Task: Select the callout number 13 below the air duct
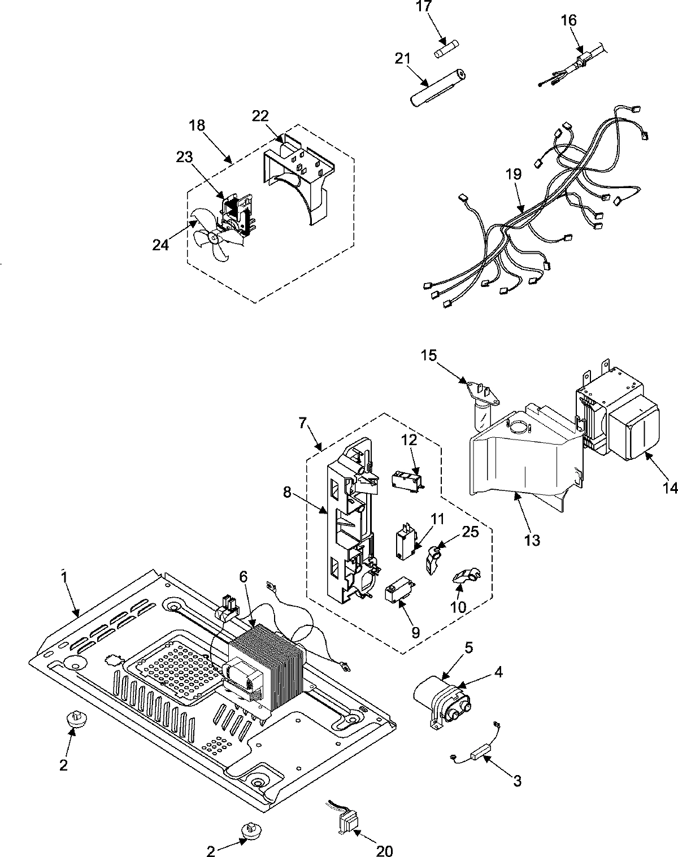coord(532,540)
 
